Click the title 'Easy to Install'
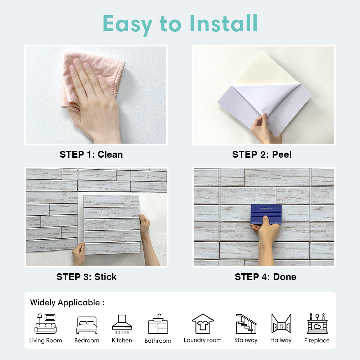pos(180,24)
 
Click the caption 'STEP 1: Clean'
pos(91,154)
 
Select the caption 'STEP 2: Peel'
pos(262,154)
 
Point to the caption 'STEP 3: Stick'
pos(86,277)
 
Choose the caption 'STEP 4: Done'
pos(265,277)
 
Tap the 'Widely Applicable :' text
pos(67,302)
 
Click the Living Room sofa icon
pos(45,324)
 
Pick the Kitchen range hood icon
pos(122,323)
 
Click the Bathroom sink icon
pos(158,324)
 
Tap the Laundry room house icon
pos(203,323)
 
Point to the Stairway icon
pos(246,324)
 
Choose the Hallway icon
pos(281,324)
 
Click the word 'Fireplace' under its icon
pos(317,341)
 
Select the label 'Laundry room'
pos(203,340)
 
